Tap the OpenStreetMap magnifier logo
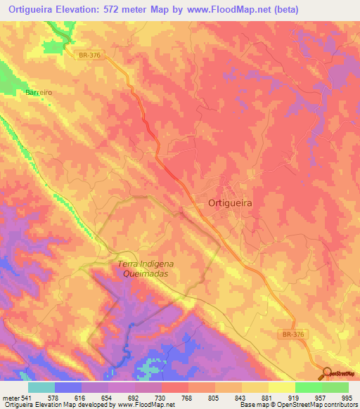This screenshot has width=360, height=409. coord(328,374)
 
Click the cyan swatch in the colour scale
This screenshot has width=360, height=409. coord(41,387)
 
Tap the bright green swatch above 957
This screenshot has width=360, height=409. coord(308,387)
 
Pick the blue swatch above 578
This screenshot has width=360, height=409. coord(68,387)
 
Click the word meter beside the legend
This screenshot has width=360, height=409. coord(11,398)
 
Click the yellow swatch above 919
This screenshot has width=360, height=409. coord(281,387)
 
